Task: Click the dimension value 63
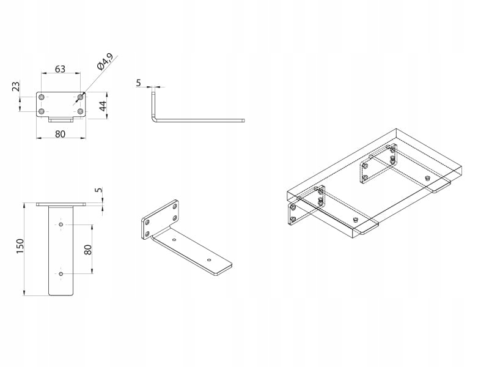click(60, 69)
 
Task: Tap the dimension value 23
click(17, 87)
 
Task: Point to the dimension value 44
click(104, 105)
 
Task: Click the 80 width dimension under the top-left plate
click(60, 135)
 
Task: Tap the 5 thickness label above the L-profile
click(138, 82)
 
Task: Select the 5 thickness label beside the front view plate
click(98, 190)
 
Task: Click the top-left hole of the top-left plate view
click(42, 97)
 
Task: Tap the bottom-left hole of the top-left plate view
click(42, 112)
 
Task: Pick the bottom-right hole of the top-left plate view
click(80, 112)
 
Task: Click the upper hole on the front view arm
click(61, 224)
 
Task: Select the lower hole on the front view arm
click(61, 274)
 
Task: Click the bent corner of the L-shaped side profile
click(154, 119)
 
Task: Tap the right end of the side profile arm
click(243, 120)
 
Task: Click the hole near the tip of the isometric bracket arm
click(209, 260)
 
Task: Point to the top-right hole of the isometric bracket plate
click(174, 207)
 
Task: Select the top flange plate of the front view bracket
click(61, 204)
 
